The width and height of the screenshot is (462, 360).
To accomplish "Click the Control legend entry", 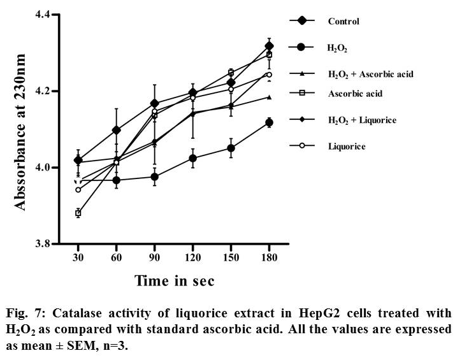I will coord(343,21).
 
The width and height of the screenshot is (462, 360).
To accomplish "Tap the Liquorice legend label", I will coord(347,146).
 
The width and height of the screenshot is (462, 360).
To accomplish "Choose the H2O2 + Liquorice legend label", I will coord(363,119).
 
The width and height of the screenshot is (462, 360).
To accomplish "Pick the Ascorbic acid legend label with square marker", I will coord(355,93).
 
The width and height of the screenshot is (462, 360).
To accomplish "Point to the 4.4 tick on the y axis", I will coord(48,14).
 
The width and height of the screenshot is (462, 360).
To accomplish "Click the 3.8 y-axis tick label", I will coord(48,243).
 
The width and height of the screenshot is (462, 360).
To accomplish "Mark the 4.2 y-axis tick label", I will coord(48,90).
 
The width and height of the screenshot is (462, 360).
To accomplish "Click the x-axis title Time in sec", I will coord(174,280).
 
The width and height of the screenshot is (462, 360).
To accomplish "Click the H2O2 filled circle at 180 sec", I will coord(269,122).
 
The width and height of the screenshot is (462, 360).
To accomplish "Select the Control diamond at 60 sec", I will coord(116,130).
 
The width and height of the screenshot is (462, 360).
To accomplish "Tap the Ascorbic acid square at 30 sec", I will coord(78,213).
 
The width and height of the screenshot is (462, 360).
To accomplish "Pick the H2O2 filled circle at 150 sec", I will coord(231,148).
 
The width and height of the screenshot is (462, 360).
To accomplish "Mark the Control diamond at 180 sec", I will coord(269,46).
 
